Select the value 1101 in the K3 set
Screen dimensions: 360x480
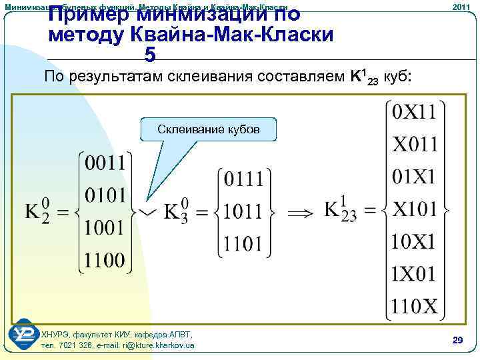point(243,244)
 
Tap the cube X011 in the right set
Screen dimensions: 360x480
point(414,144)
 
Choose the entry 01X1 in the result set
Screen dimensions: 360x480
point(414,177)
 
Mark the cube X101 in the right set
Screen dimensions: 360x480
point(414,209)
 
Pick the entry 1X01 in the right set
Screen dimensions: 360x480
point(414,273)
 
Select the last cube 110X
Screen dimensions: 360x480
point(414,306)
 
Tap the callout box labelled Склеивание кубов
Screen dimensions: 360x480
point(208,129)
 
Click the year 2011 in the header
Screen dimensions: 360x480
point(461,7)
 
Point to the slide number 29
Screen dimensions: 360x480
point(457,341)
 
